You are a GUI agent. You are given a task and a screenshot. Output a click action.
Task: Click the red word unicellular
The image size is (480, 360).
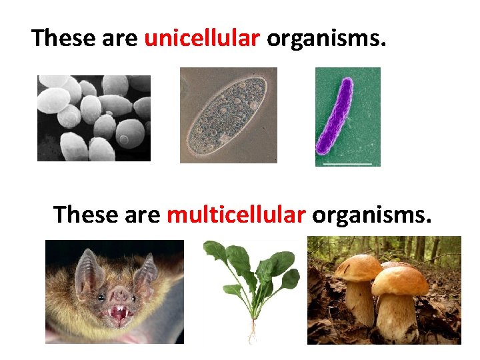click(x=202, y=39)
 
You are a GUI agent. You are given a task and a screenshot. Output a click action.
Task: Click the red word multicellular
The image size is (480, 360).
click(x=236, y=215)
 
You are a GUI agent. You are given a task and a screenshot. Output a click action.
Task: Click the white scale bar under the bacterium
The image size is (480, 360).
click(x=347, y=163)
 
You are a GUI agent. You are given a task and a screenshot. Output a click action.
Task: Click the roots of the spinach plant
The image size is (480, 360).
click(x=252, y=331)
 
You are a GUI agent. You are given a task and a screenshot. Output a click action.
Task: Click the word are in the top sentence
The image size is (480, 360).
click(x=120, y=39)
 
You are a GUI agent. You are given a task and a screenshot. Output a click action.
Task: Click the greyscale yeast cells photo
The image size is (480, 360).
click(x=93, y=117)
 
